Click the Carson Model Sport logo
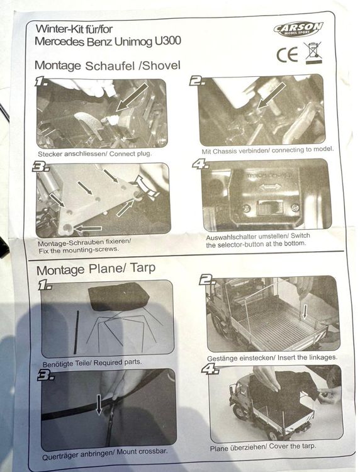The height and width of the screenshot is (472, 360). click(298, 29)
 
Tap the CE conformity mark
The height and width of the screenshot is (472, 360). click(287, 55)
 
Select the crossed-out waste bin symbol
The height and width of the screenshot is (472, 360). click(313, 53)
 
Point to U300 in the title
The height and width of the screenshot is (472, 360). click(168, 41)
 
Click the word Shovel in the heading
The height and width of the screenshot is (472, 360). click(161, 65)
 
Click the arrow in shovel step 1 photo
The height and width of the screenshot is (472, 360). click(132, 97)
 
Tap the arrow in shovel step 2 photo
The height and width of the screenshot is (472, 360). click(271, 96)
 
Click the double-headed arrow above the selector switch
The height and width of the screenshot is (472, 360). click(270, 187)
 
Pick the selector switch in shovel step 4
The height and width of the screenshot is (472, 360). click(270, 208)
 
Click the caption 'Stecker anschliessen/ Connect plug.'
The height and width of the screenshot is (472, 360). click(95, 154)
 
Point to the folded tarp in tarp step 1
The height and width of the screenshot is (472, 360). click(118, 296)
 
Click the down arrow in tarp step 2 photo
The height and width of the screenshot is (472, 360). click(305, 312)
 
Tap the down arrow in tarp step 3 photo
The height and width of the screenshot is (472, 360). click(99, 405)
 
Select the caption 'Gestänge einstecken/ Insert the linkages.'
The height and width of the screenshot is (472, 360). click(272, 358)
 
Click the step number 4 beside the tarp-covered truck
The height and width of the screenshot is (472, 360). click(210, 369)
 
